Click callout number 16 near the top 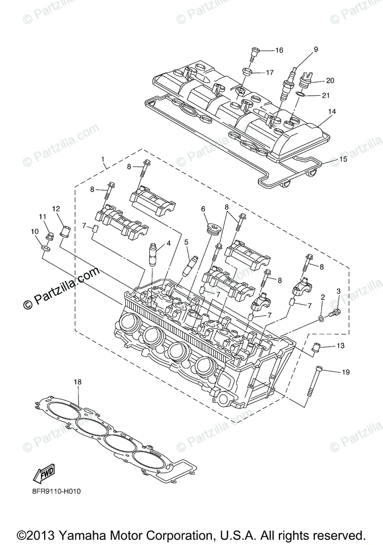[x=279, y=50]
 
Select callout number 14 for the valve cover [x=332, y=111]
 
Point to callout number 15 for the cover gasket [x=343, y=159]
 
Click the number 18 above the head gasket [x=78, y=382]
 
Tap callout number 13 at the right [x=341, y=346]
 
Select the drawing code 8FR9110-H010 [x=57, y=491]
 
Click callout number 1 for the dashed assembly [x=103, y=159]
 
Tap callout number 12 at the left [x=56, y=209]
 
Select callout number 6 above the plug [x=203, y=209]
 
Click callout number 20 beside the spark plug [x=330, y=80]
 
